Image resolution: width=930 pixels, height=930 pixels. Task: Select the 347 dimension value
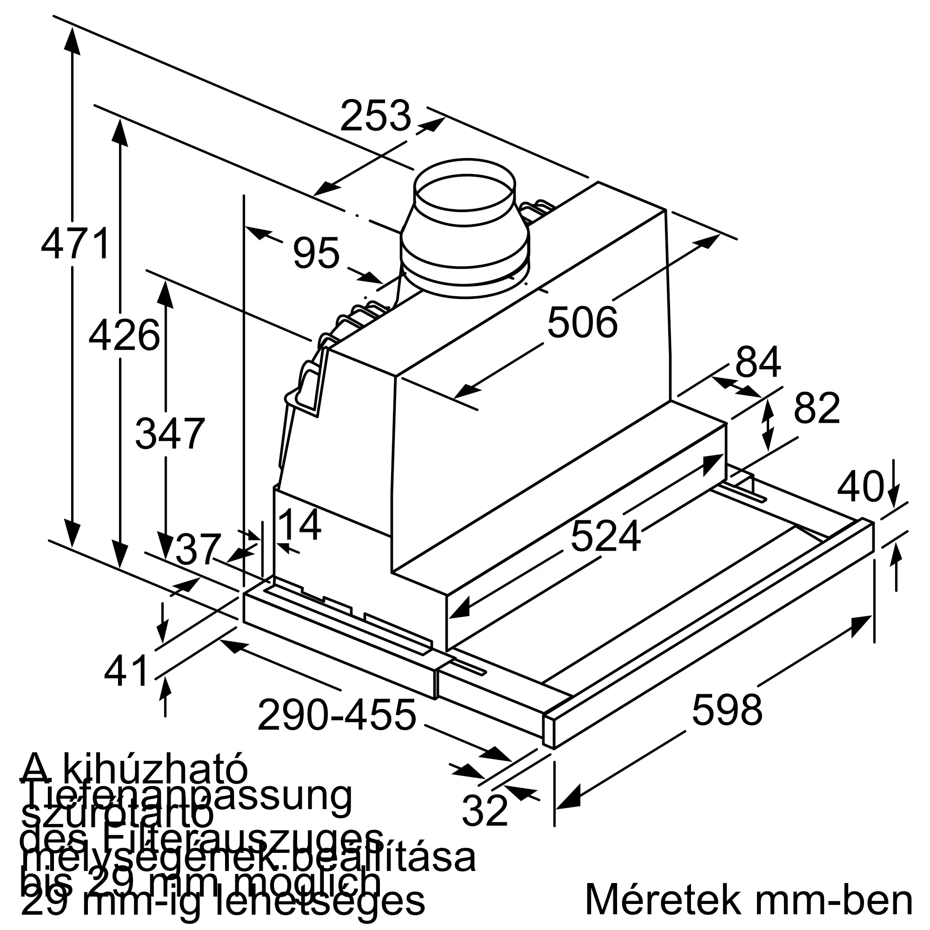click(x=170, y=434)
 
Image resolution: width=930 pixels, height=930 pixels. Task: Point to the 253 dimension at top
click(x=375, y=115)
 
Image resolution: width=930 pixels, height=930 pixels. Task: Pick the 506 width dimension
click(x=582, y=323)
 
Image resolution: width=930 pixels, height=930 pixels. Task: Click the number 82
click(x=817, y=408)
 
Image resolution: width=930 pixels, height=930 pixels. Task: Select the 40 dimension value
click(x=861, y=487)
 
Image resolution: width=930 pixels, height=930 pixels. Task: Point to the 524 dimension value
click(x=605, y=536)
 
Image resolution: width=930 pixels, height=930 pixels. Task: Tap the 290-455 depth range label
click(x=337, y=715)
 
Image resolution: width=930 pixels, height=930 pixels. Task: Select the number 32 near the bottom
click(x=484, y=810)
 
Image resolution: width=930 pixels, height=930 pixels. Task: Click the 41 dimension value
click(x=126, y=671)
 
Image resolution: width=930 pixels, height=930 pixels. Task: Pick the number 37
click(x=198, y=549)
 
